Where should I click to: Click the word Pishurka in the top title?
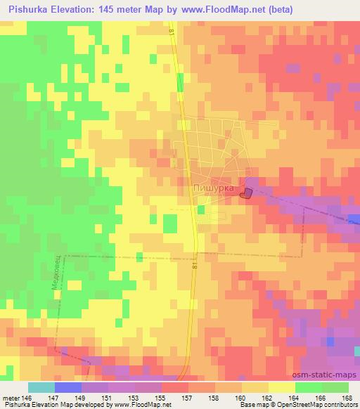(32, 9)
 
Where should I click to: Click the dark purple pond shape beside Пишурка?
(247, 193)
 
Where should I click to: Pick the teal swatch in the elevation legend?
(41, 387)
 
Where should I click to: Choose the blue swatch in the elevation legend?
(68, 387)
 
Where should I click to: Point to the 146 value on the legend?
(28, 398)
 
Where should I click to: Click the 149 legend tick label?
(82, 398)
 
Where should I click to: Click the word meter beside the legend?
(11, 398)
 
